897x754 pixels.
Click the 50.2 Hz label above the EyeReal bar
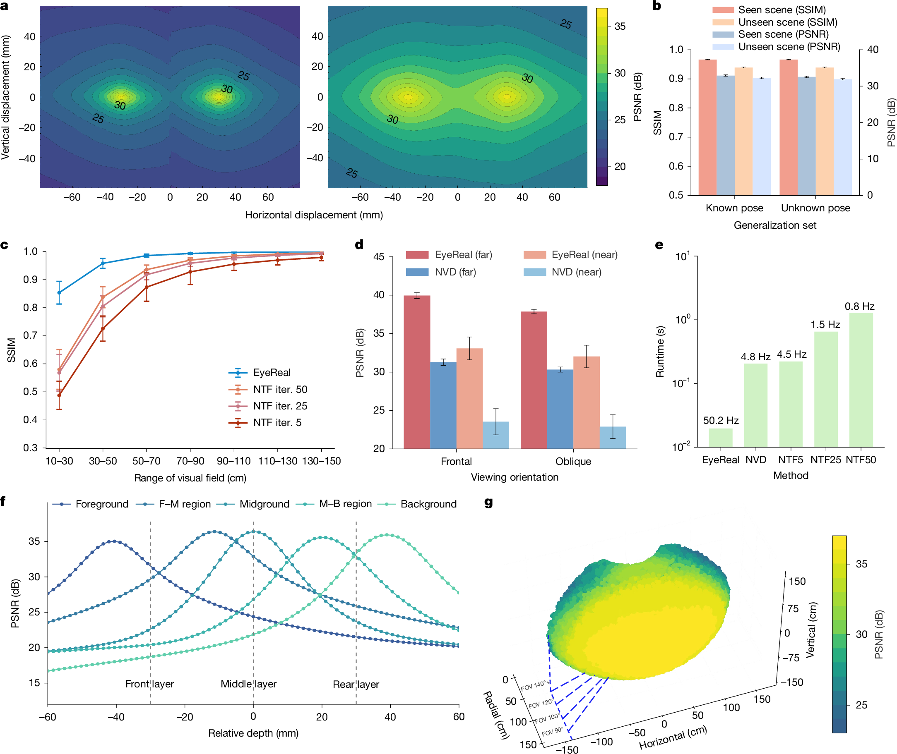pos(720,420)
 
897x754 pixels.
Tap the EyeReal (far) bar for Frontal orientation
pos(417,371)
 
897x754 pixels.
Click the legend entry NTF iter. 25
pos(280,406)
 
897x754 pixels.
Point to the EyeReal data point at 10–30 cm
pos(59,293)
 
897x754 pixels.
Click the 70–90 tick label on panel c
pos(190,461)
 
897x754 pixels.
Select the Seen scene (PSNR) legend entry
pos(783,34)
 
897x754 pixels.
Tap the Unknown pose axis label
pos(815,208)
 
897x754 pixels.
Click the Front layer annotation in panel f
pos(149,684)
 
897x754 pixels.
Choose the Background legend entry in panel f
pos(428,504)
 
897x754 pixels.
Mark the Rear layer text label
pos(356,685)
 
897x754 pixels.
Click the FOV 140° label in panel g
pos(534,686)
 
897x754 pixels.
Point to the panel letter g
pos(488,502)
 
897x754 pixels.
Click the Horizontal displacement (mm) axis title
pos(313,215)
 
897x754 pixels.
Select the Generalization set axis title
pos(774,225)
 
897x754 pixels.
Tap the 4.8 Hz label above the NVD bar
pos(755,357)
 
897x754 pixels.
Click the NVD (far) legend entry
pos(455,272)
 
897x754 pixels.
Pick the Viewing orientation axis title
pos(515,477)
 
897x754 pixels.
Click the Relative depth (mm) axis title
pos(253,733)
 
